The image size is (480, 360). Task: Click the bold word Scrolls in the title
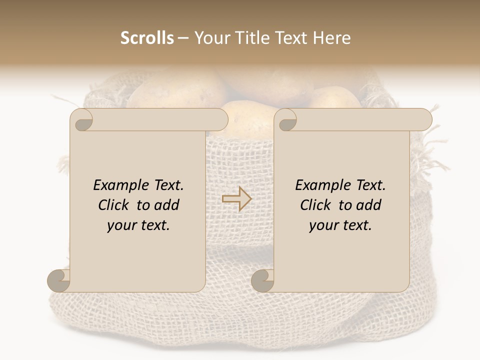(147, 38)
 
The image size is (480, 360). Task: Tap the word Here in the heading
(332, 38)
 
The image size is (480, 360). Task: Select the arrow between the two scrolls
(237, 199)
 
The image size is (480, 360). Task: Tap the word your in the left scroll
(120, 225)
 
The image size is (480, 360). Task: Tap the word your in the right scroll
(322, 225)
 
